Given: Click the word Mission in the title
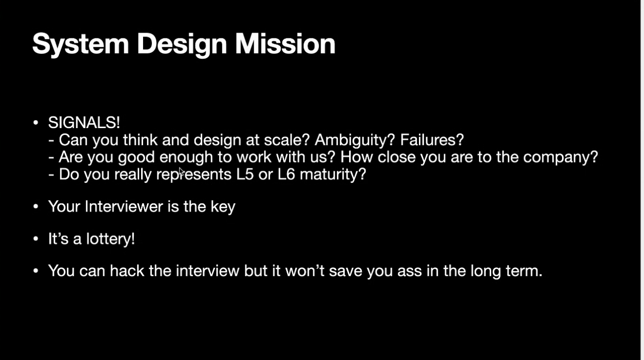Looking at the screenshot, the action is pyautogui.click(x=285, y=44).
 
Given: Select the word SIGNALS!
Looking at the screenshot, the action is pyautogui.click(x=84, y=122).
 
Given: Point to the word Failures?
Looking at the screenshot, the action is pyautogui.click(x=432, y=140).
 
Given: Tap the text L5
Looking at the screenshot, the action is pyautogui.click(x=245, y=174).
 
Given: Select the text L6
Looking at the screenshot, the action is pyautogui.click(x=286, y=174).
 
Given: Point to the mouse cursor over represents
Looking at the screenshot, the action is pyautogui.click(x=181, y=172).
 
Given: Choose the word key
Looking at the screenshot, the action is pyautogui.click(x=223, y=207).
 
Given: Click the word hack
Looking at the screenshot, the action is pyautogui.click(x=127, y=271).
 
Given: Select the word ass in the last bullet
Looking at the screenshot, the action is pyautogui.click(x=409, y=272).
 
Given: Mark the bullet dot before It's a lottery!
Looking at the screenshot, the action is pyautogui.click(x=36, y=239).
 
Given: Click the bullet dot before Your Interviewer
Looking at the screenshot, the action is pyautogui.click(x=36, y=207).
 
